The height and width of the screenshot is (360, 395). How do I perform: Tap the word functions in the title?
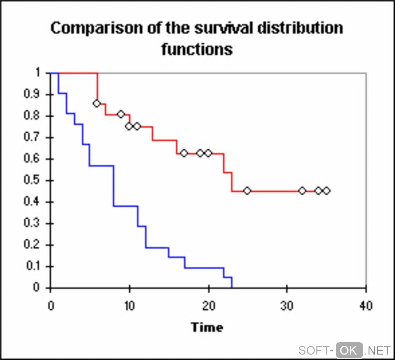(x=197, y=50)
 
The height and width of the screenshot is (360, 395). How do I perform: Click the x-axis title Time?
(x=207, y=327)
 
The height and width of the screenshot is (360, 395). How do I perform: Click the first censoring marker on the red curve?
(x=97, y=103)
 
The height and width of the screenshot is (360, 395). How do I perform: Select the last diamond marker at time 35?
(x=326, y=190)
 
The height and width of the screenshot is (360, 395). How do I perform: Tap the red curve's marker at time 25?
(x=247, y=190)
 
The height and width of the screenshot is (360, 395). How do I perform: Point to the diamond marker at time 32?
(x=302, y=190)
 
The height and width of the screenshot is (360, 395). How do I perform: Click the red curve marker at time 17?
(x=184, y=153)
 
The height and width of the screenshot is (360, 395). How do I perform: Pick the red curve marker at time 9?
(x=121, y=114)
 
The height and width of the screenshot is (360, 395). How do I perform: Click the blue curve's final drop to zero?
(x=232, y=283)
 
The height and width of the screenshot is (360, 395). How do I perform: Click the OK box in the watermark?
(x=349, y=350)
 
